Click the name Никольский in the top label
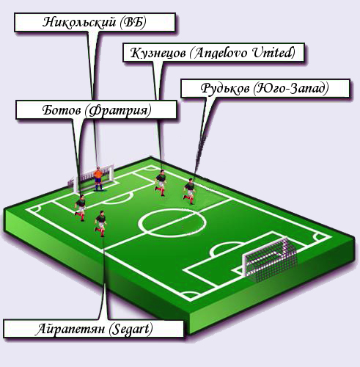click(x=79, y=22)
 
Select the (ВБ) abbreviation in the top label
click(x=133, y=22)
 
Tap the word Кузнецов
click(x=158, y=53)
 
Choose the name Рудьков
click(x=225, y=88)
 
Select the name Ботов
click(x=62, y=110)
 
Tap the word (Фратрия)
click(x=118, y=111)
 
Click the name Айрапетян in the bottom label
click(x=70, y=329)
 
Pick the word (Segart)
click(x=131, y=330)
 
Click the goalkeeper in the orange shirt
click(x=98, y=179)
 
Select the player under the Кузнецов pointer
click(x=161, y=182)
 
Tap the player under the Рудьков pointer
click(x=189, y=192)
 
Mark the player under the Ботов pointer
click(x=81, y=208)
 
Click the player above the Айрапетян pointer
click(x=100, y=224)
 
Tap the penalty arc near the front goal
click(x=226, y=244)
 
